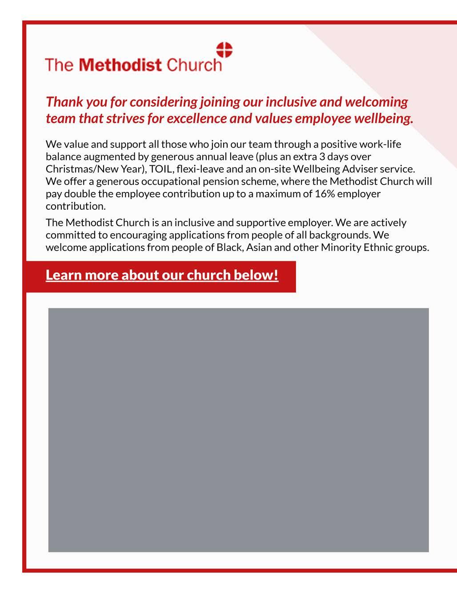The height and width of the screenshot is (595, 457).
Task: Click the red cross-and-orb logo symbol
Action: tap(224, 50)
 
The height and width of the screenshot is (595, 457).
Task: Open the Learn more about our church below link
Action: tap(162, 275)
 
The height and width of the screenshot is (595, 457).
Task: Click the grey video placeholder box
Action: tap(238, 430)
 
